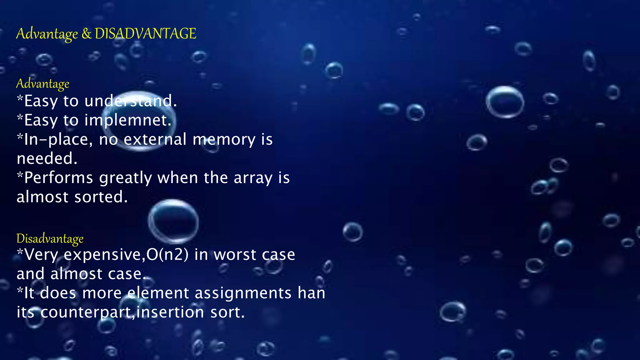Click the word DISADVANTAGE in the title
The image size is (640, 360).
click(x=145, y=33)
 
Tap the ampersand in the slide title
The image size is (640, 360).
click(x=86, y=34)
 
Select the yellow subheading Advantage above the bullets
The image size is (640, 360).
click(x=43, y=84)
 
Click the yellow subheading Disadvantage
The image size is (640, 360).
click(x=50, y=239)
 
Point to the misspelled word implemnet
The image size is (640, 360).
click(x=128, y=120)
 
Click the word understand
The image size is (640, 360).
click(x=130, y=101)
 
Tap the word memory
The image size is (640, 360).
click(x=224, y=139)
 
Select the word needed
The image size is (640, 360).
click(x=47, y=158)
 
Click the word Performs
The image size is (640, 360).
click(x=59, y=178)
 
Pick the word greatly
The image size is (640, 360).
click(x=125, y=178)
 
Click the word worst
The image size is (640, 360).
click(x=235, y=254)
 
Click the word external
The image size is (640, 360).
click(x=155, y=139)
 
